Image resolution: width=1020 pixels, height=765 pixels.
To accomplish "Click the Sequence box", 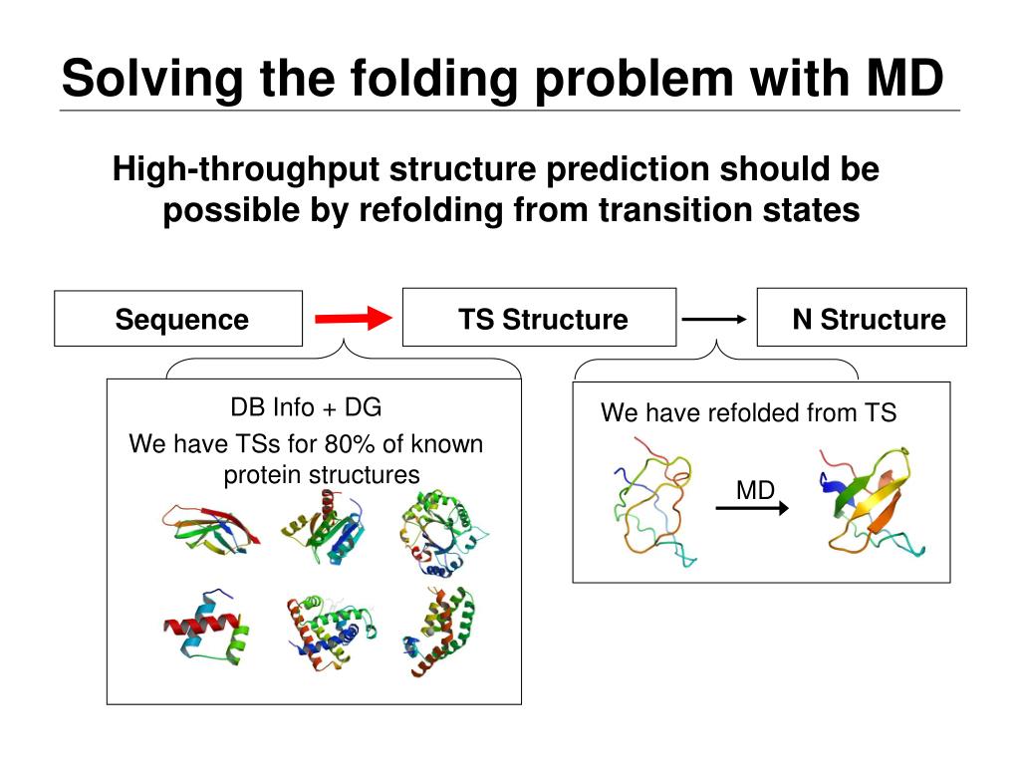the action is tap(178, 319).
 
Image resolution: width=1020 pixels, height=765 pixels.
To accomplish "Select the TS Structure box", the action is tap(539, 318).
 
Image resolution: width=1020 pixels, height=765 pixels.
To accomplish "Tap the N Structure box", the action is tap(862, 318).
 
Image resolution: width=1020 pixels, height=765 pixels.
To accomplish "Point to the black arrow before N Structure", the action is tap(714, 319).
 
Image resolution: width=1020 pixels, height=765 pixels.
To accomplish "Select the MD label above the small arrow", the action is tap(755, 490).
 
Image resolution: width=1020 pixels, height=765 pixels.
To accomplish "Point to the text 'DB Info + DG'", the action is tap(306, 407).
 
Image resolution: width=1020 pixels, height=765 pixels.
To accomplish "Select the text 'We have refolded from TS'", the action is tap(748, 412).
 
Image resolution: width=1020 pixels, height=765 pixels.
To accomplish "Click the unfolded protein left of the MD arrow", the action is tap(651, 508).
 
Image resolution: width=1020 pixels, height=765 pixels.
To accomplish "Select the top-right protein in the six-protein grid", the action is tap(444, 533).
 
